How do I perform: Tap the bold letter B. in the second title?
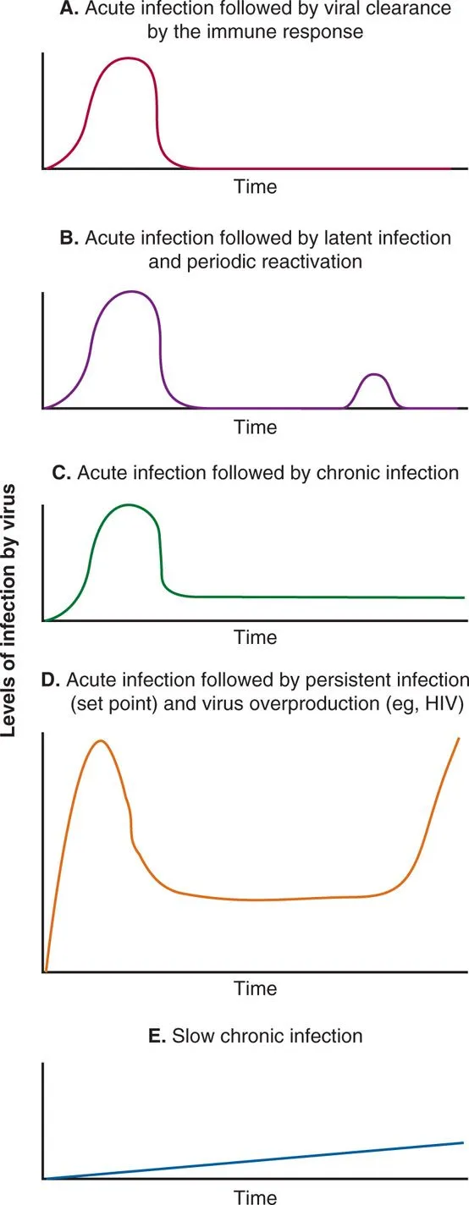click(x=69, y=238)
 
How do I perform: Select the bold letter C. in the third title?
click(x=62, y=473)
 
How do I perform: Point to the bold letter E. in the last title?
click(x=157, y=1035)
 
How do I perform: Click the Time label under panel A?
click(x=255, y=186)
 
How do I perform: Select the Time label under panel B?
click(x=255, y=426)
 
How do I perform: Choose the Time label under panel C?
click(x=255, y=637)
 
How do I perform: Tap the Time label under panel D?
click(x=255, y=988)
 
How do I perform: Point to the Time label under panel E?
click(x=255, y=1196)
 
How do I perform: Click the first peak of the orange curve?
click(x=102, y=740)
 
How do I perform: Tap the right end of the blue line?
click(x=463, y=1142)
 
